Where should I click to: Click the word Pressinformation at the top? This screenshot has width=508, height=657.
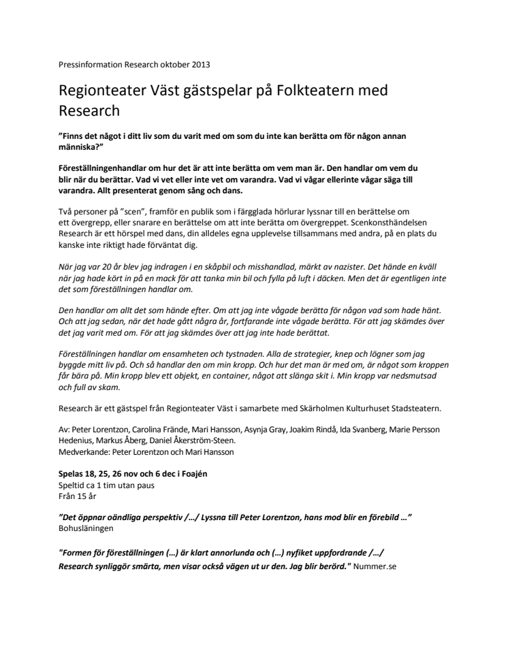click(89, 65)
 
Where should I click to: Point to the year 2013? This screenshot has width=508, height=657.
click(200, 65)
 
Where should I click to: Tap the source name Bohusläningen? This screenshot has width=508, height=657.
click(86, 528)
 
